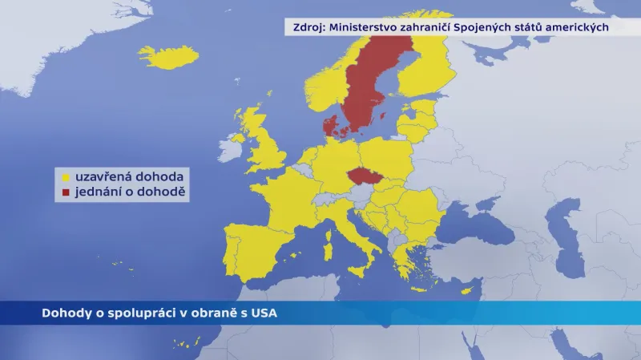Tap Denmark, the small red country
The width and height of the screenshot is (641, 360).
[330, 126]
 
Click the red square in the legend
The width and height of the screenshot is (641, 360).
[66, 192]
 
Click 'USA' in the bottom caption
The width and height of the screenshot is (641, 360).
[264, 313]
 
